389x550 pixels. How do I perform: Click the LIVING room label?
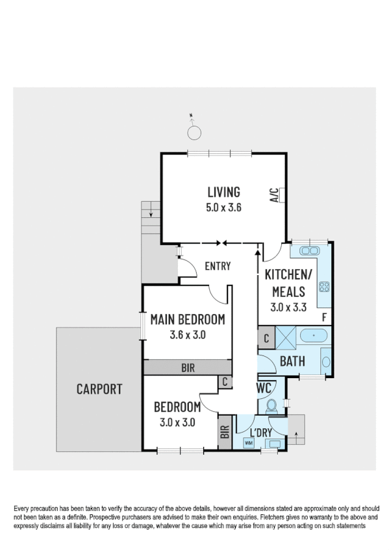223,192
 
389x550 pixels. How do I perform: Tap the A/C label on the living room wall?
274,195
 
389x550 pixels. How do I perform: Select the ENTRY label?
218,266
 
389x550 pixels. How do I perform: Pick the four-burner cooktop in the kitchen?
324,287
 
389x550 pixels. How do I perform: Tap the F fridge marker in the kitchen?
324,317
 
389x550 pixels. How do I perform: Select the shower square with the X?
285,338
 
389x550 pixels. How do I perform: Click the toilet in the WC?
272,405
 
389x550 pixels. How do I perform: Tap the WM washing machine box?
248,442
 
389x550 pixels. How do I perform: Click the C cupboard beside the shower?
266,338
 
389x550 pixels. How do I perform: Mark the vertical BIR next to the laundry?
225,432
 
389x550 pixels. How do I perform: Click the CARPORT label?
99,389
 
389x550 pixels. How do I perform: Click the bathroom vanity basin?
326,361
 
